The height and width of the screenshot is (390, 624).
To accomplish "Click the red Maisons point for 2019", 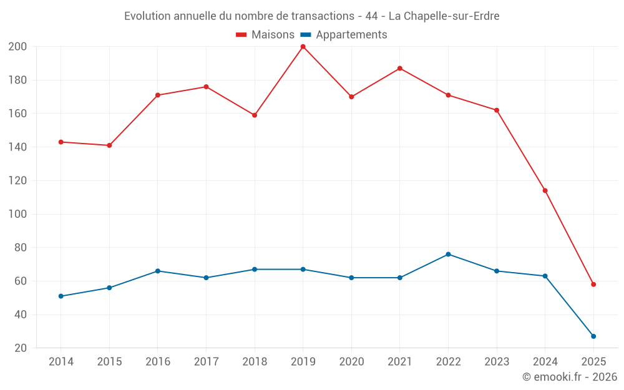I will (303, 47).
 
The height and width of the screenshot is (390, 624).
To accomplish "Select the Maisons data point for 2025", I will (593, 285).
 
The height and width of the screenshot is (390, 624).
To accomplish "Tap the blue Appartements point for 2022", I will (448, 255).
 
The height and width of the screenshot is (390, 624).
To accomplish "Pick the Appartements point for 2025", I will (593, 336).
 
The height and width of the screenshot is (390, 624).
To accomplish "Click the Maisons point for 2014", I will (61, 142).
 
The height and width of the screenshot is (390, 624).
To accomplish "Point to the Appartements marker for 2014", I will (61, 296).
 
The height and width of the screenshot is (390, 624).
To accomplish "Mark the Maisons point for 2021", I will (400, 69).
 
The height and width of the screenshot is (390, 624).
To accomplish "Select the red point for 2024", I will (545, 190).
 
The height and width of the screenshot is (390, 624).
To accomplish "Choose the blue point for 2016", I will (158, 271).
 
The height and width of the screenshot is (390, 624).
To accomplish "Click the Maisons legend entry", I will (265, 35).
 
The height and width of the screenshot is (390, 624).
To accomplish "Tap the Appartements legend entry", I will (344, 35).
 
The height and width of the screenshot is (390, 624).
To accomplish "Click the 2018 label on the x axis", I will (255, 362).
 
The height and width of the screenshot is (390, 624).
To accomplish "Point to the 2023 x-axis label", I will (497, 362).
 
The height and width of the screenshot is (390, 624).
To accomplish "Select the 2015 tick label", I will (109, 362).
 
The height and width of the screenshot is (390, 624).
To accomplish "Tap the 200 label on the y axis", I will (17, 47).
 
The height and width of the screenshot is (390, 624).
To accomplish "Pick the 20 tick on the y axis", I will (21, 348).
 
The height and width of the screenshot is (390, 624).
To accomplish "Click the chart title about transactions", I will (311, 16).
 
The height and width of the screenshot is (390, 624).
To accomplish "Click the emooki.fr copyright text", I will (570, 377).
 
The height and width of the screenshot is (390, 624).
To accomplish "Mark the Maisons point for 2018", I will (255, 115).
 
